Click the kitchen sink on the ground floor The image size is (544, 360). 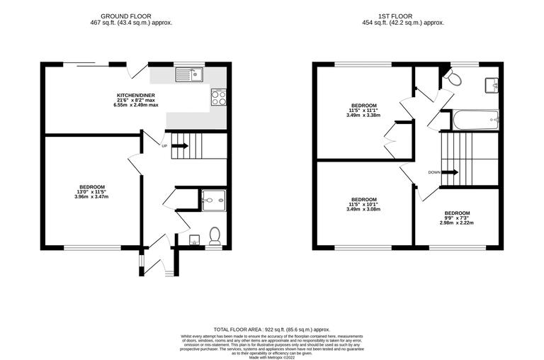pyautogui.click(x=190, y=73)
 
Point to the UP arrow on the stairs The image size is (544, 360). pyautogui.click(x=179, y=147)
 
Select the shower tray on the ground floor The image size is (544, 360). pyautogui.click(x=212, y=201)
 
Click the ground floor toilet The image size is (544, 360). pyautogui.click(x=215, y=237)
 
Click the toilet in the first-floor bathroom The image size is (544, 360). pyautogui.click(x=452, y=77)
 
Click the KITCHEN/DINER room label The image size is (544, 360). pyautogui.click(x=136, y=95)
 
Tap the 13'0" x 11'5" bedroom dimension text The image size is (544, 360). pyautogui.click(x=92, y=191)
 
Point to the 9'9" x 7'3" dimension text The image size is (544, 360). pyautogui.click(x=456, y=218)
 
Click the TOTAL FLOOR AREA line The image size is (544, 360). pyautogui.click(x=272, y=329)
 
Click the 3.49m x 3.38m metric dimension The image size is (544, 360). pyautogui.click(x=363, y=115)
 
